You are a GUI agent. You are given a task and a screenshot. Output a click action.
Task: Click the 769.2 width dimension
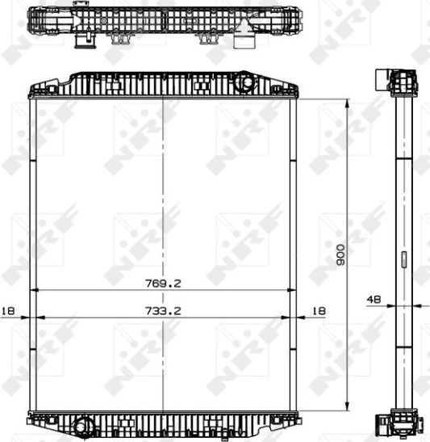point(163,283)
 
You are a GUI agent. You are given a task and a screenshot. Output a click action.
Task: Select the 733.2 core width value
point(163,309)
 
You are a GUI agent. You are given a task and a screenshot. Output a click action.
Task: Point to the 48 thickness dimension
point(374,299)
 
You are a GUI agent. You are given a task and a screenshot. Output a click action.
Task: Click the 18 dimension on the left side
point(8,309)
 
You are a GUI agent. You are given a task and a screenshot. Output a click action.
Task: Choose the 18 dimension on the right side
point(318,309)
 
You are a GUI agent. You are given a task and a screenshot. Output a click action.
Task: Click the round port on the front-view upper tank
point(244,84)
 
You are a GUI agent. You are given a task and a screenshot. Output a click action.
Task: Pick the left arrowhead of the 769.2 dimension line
point(33,290)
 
